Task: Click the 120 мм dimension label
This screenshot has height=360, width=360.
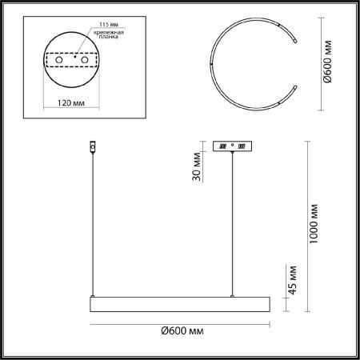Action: tap(71, 103)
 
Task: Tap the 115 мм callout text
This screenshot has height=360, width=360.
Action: tap(109, 25)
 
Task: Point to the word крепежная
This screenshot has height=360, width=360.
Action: tap(109, 33)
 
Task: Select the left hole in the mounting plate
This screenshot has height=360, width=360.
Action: tap(59, 60)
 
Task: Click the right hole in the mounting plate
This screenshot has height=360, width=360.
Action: tap(85, 60)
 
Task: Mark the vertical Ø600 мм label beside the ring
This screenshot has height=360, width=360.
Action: tap(327, 62)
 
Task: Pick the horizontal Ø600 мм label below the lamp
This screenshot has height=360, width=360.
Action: tap(182, 331)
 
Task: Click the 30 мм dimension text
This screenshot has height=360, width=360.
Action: tap(197, 166)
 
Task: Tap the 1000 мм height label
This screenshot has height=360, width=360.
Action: tap(314, 224)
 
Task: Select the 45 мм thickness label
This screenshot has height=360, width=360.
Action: tap(293, 280)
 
